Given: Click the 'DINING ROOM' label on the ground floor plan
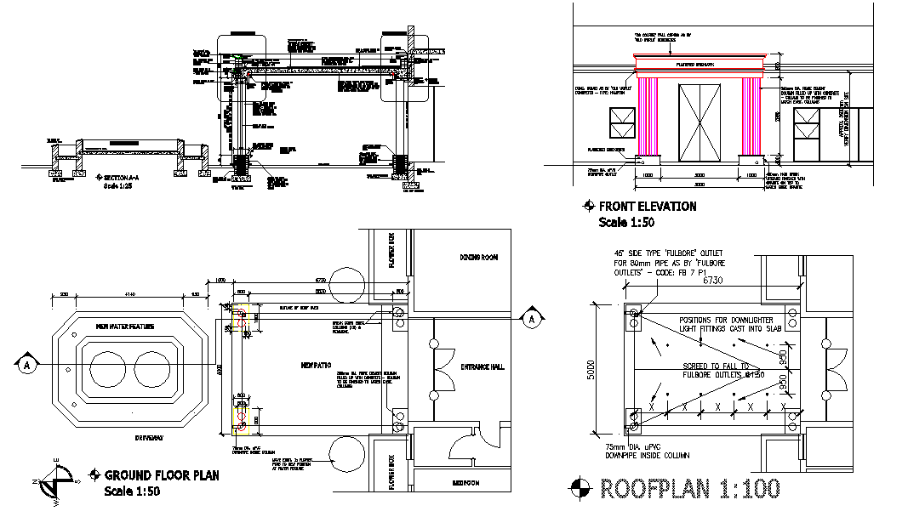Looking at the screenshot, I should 478,257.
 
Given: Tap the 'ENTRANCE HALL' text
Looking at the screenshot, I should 482,366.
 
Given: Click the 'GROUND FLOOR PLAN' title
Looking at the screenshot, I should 161,475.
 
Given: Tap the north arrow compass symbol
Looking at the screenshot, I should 57,484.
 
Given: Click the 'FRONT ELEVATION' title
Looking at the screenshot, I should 647,207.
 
